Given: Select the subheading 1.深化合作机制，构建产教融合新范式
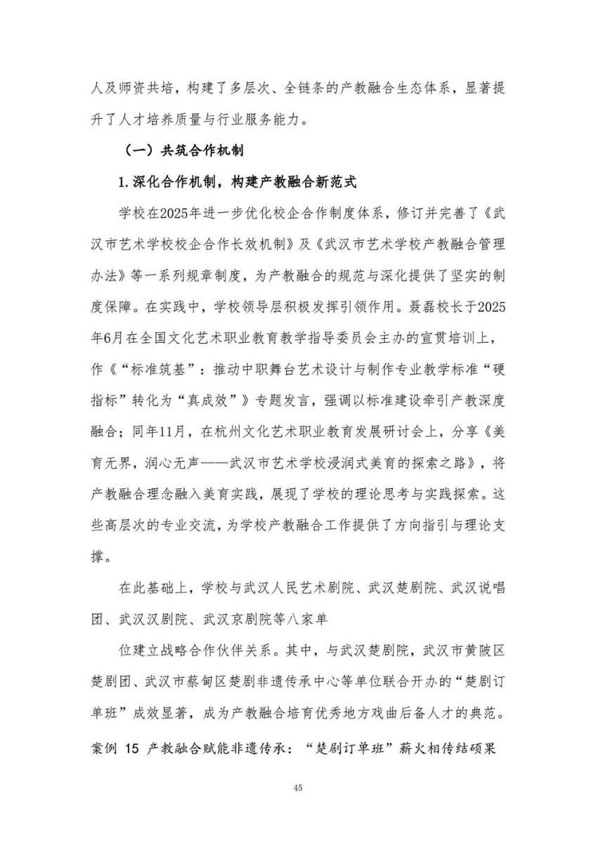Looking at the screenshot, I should (x=238, y=183).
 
